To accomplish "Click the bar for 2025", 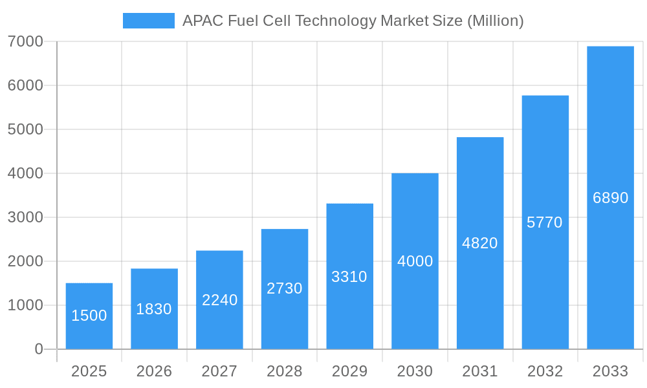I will tap(89, 316).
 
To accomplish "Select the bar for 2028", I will tap(285, 289).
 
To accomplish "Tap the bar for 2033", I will tap(610, 198).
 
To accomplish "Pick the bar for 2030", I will tap(415, 261).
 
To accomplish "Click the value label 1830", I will tap(154, 309).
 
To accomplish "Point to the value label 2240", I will tap(219, 300).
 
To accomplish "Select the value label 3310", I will tap(349, 277).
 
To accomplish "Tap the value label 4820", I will tap(480, 243).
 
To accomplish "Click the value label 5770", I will tap(545, 222).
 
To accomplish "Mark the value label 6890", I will tap(610, 198).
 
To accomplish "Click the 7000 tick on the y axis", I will tap(25, 41).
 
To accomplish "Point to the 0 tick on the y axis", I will tap(39, 349).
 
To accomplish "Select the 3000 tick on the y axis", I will tap(25, 217).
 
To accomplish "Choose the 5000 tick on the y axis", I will tap(25, 129).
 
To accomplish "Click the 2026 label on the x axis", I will tap(154, 371).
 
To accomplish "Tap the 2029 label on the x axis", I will tap(349, 371).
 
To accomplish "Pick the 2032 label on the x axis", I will tap(545, 371).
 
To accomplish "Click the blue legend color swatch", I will tap(149, 21).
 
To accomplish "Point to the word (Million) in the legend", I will tap(495, 21).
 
